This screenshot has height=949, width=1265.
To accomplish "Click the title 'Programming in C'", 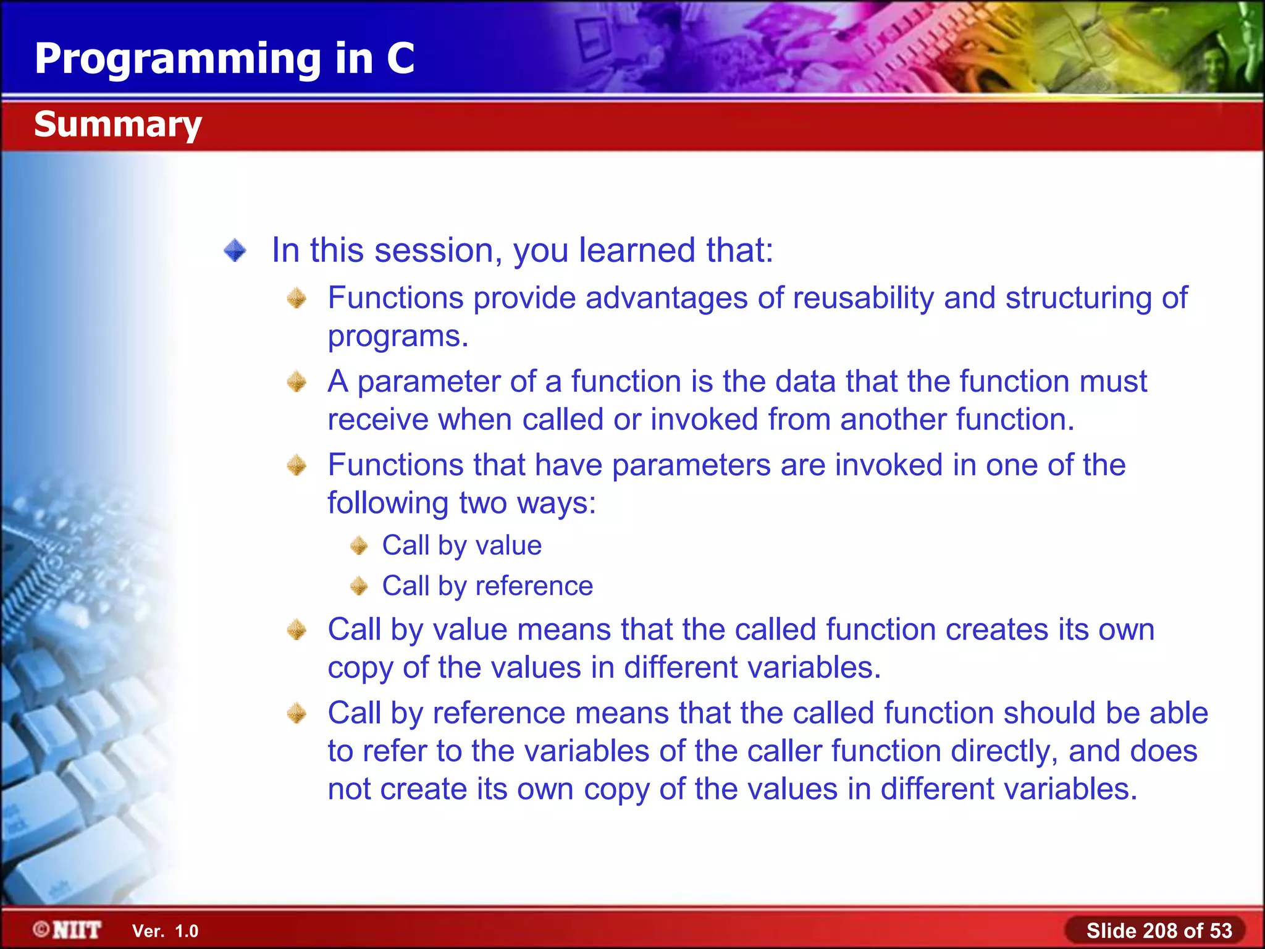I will point(224,59).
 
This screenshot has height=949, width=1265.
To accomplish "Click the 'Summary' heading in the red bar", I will point(118,124).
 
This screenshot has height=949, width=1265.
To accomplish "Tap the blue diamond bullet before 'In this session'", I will point(235,251).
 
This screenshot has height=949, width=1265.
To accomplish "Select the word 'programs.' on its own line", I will point(398,337).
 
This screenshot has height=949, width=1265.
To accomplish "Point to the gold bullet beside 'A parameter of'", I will point(297,382).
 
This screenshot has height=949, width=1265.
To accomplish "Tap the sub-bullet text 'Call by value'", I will point(461,546).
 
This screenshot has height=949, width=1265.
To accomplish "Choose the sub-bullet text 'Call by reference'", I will point(487,586).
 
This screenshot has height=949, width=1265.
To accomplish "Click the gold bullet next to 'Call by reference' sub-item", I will point(359,586).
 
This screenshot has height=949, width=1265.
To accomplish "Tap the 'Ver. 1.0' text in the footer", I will point(165,931).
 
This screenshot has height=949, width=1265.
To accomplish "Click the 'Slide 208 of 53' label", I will point(1159,930).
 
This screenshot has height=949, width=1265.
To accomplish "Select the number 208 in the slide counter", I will point(1160,930).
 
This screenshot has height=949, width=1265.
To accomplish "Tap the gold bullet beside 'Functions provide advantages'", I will point(297,299).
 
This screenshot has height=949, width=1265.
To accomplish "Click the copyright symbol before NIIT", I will point(41,929).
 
